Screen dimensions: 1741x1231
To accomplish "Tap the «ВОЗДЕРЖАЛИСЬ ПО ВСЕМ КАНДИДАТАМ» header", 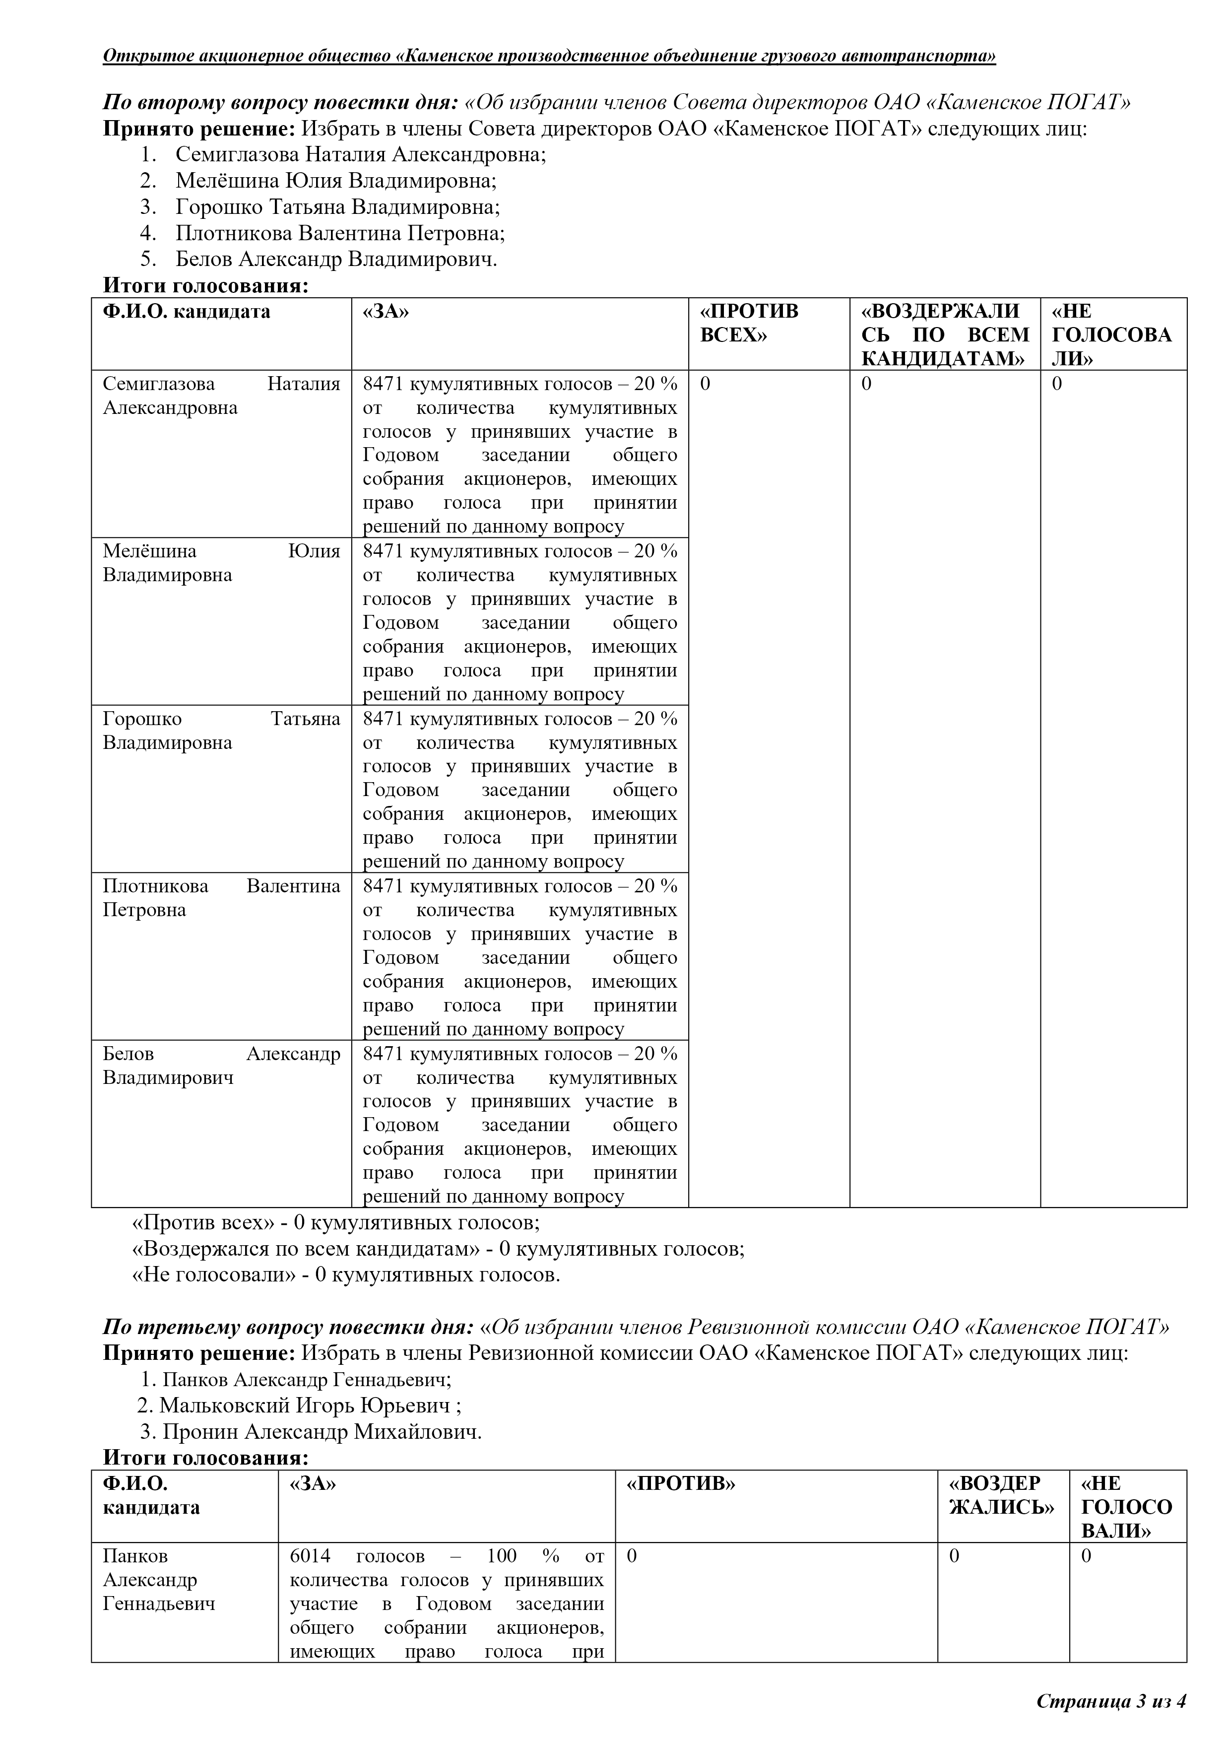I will (x=945, y=335).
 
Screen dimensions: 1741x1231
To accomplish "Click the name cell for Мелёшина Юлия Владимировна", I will (x=221, y=563).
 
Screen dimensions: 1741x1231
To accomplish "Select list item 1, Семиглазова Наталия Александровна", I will (x=360, y=155).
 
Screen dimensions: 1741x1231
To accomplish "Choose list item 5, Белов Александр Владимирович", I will (x=336, y=260).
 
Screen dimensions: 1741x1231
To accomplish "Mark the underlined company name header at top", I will (x=549, y=56).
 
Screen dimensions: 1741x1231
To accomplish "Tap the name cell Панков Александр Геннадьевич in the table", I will (x=159, y=1580).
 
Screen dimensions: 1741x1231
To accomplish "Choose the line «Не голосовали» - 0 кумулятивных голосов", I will (x=346, y=1274).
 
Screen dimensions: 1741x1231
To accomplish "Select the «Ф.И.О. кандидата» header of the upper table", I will (x=187, y=312).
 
